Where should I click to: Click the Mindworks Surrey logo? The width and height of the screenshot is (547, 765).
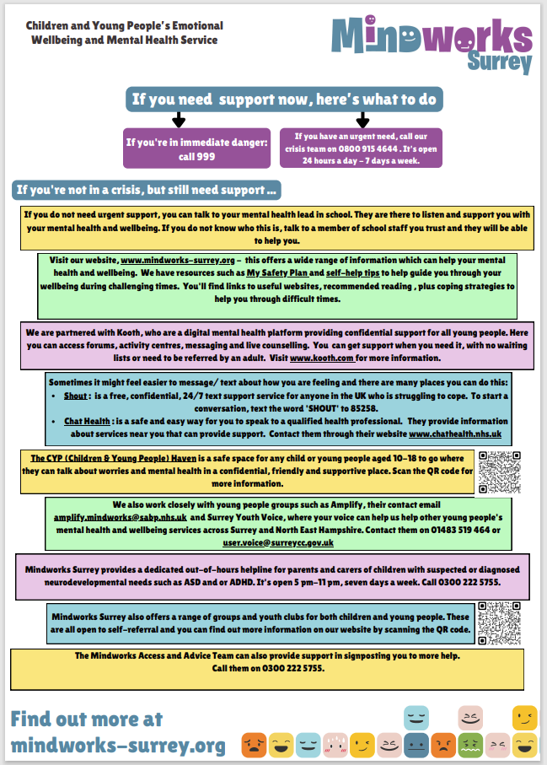pyautogui.click(x=432, y=45)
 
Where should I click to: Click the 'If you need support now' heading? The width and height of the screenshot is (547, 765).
pyautogui.click(x=285, y=99)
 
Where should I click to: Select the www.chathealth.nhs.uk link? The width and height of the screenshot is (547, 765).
pyautogui.click(x=455, y=433)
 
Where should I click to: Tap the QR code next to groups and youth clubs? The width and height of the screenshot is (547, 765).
pyautogui.click(x=498, y=622)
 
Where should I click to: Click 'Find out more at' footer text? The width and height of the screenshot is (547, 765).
pyautogui.click(x=87, y=719)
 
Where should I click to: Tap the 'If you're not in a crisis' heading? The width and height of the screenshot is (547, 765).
pyautogui.click(x=147, y=190)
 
